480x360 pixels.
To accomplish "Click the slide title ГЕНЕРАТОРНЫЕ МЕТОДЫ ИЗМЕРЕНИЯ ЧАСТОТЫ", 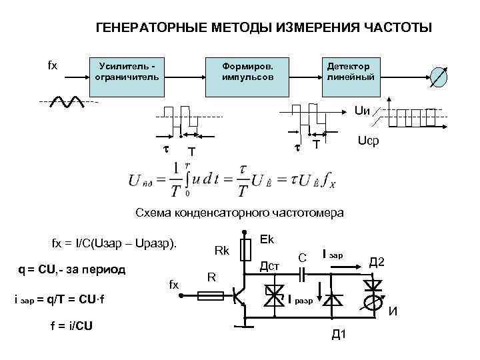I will (264, 28).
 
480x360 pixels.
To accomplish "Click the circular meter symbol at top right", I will (439, 76).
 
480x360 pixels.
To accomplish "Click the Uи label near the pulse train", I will (363, 109).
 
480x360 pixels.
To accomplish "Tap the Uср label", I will (368, 142).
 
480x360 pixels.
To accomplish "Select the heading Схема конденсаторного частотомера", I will (239, 213).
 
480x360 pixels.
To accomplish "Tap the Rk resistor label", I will (222, 251).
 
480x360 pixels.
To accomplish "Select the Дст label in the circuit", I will (268, 266).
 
